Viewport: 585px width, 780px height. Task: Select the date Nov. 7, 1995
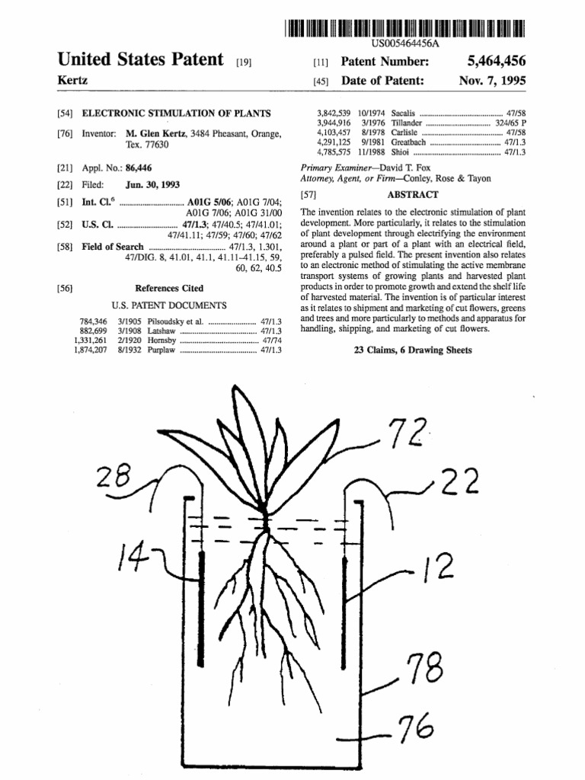click(x=493, y=80)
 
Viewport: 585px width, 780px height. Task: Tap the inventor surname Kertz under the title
click(x=73, y=79)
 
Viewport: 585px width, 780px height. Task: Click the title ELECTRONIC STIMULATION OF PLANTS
click(x=176, y=113)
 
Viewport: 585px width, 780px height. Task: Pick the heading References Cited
click(x=169, y=289)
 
